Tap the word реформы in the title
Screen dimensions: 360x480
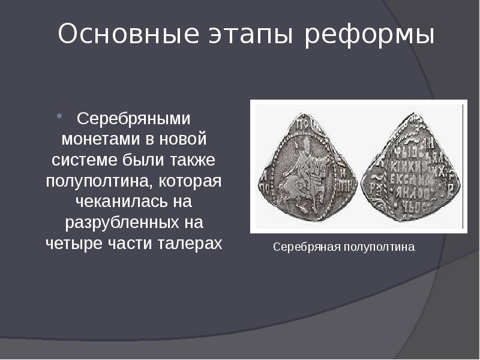pos(369,35)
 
